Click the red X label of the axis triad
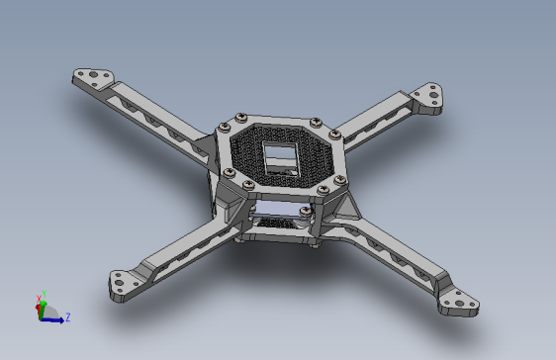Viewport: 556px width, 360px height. coord(39,299)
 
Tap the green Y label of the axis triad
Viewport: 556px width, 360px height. coord(45,294)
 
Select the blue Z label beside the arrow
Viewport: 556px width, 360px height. coord(67,316)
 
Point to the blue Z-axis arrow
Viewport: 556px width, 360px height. coord(52,320)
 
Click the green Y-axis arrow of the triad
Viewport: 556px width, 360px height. coord(43,310)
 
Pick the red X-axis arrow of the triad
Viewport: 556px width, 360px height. coord(38,309)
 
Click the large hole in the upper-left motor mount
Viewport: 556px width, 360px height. coord(94,75)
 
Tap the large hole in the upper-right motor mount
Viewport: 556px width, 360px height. coord(433,95)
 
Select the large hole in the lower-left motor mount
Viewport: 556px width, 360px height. coord(119,283)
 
